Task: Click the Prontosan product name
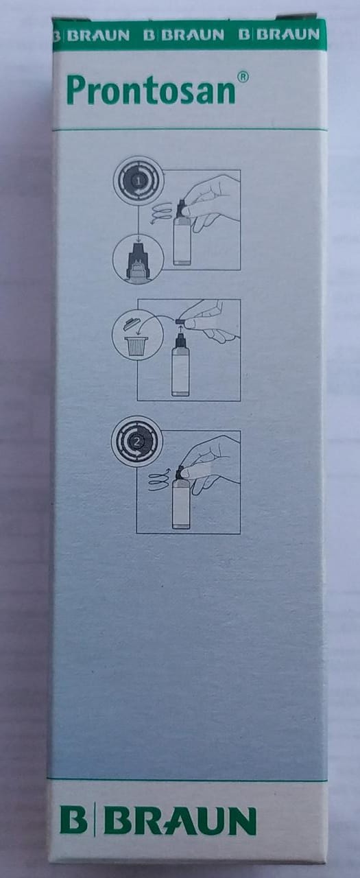152,90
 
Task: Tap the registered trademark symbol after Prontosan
243,78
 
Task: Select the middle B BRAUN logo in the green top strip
183,35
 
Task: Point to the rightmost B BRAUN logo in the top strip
279,35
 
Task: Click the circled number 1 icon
139,181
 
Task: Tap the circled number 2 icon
136,441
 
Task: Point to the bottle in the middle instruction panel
180,364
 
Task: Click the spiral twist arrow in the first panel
161,213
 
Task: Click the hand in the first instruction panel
211,202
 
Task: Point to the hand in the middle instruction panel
208,320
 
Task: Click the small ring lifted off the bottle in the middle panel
180,321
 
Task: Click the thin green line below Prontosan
187,129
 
